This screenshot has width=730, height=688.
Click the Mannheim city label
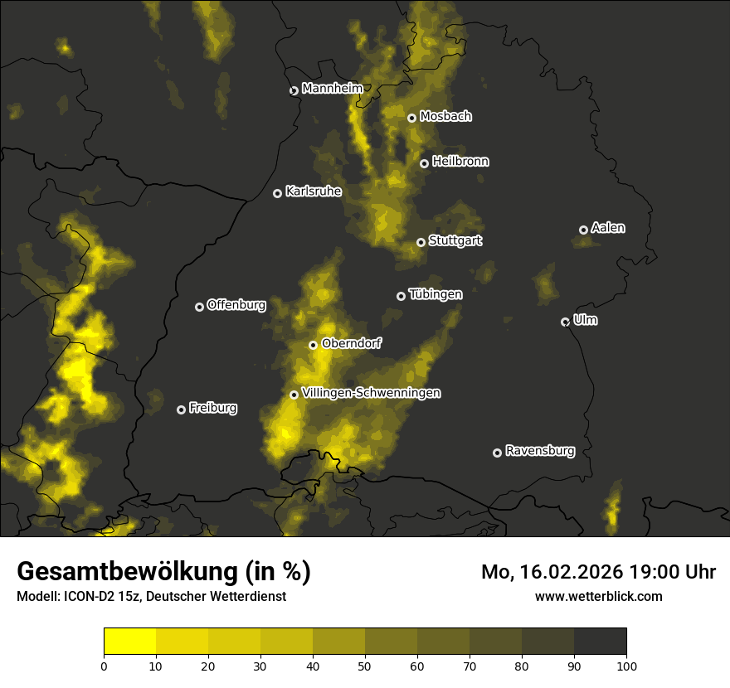pos(333,89)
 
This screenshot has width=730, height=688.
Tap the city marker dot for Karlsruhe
pos(278,193)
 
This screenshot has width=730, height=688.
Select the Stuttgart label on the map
pos(455,241)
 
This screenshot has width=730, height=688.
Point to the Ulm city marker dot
pos(566,322)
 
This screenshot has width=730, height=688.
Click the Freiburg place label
pos(212,408)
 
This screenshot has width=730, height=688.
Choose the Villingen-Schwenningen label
pos(371,393)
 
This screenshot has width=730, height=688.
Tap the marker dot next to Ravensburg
pos(498,453)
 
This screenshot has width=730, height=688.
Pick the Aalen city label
pos(608,228)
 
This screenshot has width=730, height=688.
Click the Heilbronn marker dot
pos(424,163)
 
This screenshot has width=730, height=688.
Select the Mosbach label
pos(445,117)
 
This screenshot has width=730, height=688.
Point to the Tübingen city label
pos(436,294)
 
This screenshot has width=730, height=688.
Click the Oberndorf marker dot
pos(314,345)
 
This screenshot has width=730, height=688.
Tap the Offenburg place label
pos(236,305)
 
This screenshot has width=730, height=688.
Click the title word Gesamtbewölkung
pos(125,572)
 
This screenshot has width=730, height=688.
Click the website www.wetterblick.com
pos(599,596)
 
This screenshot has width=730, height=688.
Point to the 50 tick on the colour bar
pos(365,665)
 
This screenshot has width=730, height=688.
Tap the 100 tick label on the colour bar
pos(626,665)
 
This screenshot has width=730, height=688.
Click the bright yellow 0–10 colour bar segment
pos(130,641)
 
